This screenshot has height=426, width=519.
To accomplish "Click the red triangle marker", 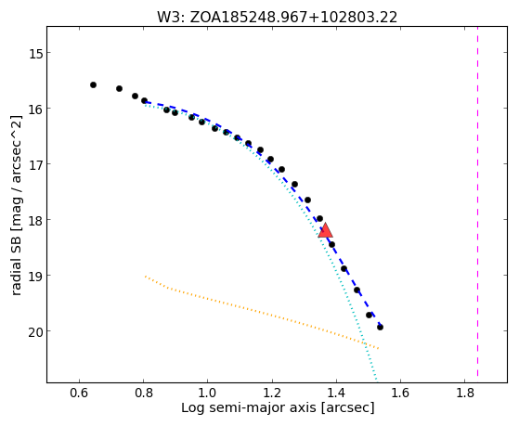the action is [x=325, y=231].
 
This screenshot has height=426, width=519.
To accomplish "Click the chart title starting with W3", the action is [x=277, y=18].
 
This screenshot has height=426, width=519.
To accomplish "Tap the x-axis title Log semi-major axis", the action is [x=278, y=407].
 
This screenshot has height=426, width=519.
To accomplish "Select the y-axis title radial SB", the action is [x=17, y=205].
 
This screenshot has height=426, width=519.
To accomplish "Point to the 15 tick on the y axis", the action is [x=36, y=53].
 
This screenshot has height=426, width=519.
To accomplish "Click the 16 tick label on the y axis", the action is [x=36, y=109].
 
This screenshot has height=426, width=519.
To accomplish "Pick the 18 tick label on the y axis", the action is [x=36, y=220].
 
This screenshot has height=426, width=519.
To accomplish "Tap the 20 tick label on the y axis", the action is [x=36, y=331].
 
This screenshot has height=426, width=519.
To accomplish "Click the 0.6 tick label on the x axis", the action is [x=79, y=394].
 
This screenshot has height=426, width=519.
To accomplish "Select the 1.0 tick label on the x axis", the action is [x=207, y=394].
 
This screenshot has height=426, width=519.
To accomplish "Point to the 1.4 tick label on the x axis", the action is [x=336, y=394].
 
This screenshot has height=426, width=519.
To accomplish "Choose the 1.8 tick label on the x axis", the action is [x=464, y=394].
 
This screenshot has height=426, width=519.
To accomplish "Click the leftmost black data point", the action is [x=94, y=85].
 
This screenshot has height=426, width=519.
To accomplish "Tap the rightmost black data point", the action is [x=380, y=328].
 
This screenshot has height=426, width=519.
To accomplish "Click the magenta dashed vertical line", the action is [x=477, y=201].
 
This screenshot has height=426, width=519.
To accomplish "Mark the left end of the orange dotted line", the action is [x=146, y=276].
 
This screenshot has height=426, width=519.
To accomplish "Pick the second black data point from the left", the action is [x=119, y=89].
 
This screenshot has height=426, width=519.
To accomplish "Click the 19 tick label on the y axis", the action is [x=36, y=276].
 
